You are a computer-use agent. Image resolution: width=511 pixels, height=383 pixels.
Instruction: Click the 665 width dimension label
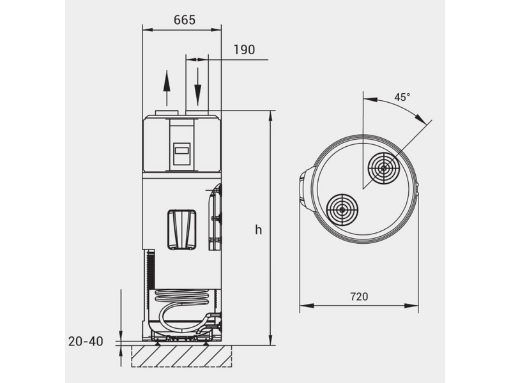tap(185, 20)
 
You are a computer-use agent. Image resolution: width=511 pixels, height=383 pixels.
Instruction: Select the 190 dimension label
tap(244, 50)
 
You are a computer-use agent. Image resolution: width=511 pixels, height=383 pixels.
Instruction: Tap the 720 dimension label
tap(359, 297)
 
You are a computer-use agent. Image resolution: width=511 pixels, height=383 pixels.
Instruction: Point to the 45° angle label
tap(402, 97)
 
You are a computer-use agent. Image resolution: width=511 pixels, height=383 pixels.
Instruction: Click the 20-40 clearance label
tap(86, 342)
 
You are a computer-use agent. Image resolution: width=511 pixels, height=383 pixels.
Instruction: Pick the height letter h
tap(259, 230)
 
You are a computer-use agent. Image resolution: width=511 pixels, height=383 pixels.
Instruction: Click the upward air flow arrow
tap(167, 88)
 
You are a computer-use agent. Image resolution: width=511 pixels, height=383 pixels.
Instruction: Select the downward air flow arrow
tap(197, 86)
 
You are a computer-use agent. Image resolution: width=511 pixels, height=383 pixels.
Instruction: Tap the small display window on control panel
tap(182, 151)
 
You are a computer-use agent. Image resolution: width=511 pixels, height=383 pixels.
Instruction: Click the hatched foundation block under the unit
tap(181, 356)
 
